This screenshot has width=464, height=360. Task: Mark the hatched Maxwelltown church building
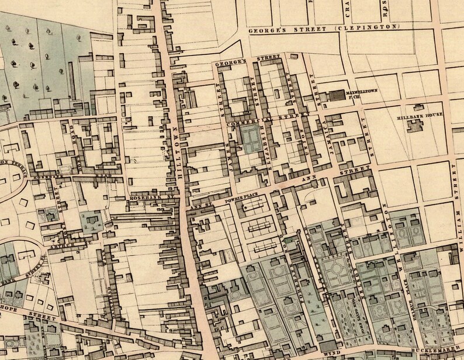336,96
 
